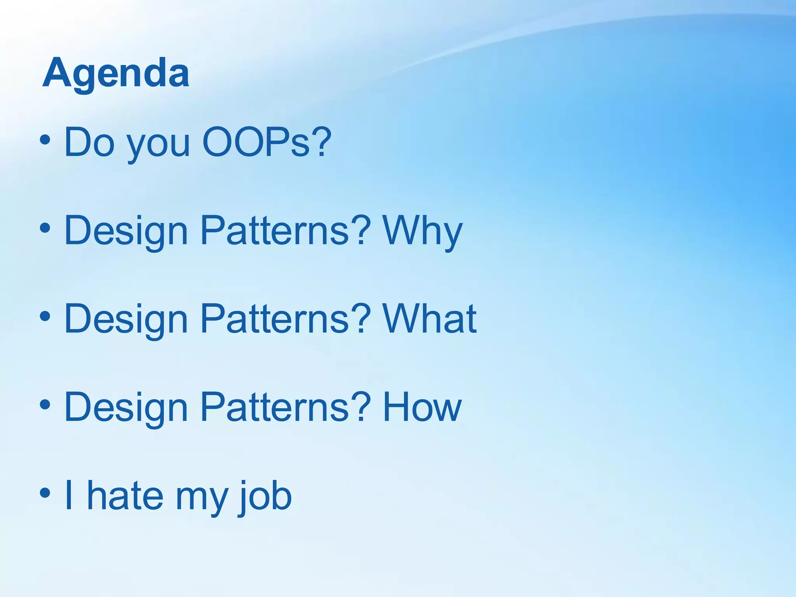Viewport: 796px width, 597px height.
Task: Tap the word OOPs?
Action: pyautogui.click(x=267, y=142)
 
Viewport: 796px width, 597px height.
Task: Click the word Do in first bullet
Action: pyautogui.click(x=89, y=142)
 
